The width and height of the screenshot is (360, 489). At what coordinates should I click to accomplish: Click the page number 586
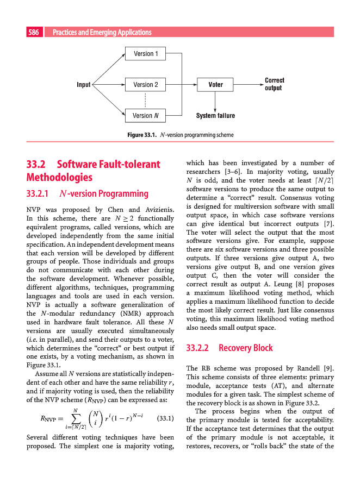(34, 33)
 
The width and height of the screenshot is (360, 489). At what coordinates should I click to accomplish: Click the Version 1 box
(146, 53)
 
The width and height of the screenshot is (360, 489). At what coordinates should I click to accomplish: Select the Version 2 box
(146, 85)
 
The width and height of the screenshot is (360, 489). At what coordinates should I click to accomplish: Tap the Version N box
(146, 115)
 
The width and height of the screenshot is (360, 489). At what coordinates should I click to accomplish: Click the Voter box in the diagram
(216, 85)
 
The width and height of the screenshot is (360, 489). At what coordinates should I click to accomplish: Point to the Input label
(84, 85)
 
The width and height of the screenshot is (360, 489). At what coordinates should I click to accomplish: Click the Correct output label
(274, 84)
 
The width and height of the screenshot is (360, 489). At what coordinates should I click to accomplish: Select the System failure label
(215, 116)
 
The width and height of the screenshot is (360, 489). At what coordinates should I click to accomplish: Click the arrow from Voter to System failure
(216, 101)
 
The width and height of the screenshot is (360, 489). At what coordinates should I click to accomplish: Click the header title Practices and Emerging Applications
(102, 33)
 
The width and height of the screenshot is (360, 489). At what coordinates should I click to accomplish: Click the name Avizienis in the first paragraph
(158, 210)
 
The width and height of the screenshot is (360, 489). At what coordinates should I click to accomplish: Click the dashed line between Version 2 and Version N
(146, 100)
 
